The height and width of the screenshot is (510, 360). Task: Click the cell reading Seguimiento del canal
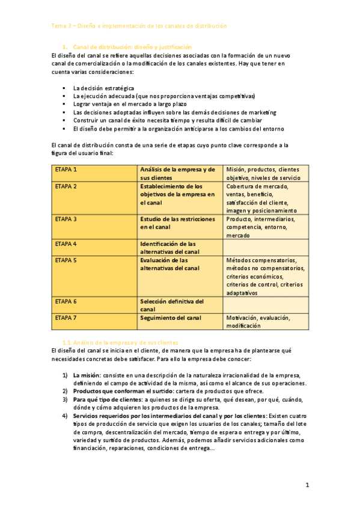point(171,318)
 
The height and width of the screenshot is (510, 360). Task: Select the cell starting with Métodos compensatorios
point(265,276)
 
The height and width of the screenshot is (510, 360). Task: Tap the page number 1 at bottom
point(307,484)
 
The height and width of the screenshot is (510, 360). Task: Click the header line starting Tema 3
point(139,26)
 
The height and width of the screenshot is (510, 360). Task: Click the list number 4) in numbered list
point(65,416)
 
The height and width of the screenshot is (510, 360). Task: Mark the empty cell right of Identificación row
point(266,247)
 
